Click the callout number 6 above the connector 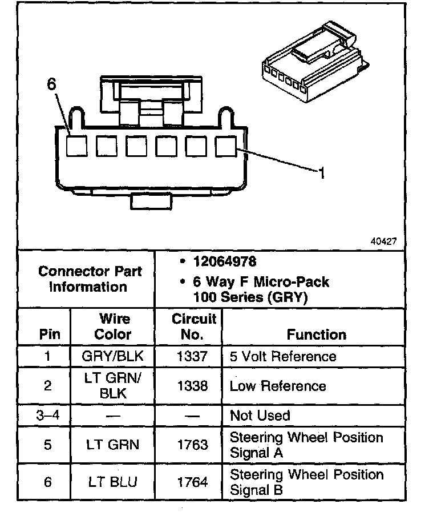click(x=52, y=84)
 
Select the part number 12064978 click(x=224, y=262)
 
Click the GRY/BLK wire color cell click(x=113, y=357)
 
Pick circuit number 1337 click(x=192, y=357)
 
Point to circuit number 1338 click(x=192, y=386)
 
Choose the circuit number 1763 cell click(x=192, y=445)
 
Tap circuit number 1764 click(x=192, y=482)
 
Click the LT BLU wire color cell click(x=113, y=482)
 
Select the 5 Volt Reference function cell click(x=282, y=357)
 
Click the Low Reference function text click(x=278, y=386)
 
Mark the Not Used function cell click(x=260, y=416)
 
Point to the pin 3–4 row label click(x=47, y=416)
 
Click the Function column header click(x=316, y=334)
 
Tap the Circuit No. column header click(x=193, y=326)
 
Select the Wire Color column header click(x=113, y=326)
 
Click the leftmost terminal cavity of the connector click(x=77, y=146)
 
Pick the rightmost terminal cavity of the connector click(x=225, y=146)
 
